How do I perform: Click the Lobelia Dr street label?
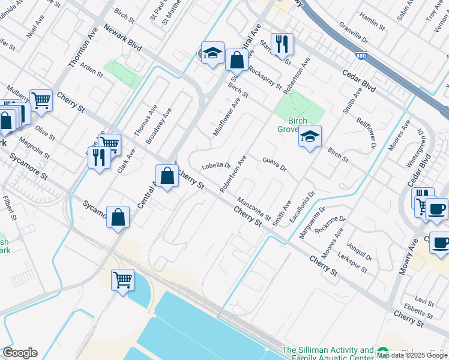click(x=217, y=165)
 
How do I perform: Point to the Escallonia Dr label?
click(x=302, y=208)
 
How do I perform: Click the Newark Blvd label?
click(x=122, y=37)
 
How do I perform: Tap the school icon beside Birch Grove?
click(x=310, y=137)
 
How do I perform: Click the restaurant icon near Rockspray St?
click(x=281, y=43)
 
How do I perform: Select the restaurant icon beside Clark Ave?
click(x=99, y=158)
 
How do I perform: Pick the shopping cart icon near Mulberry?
click(x=41, y=101)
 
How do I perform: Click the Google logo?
click(x=20, y=353)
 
